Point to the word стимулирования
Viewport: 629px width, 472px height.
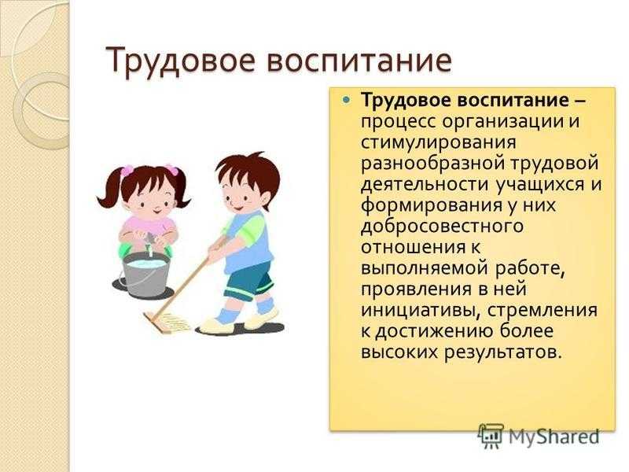click(439, 143)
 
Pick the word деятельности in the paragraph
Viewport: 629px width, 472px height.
click(425, 185)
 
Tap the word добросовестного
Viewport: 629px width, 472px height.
click(442, 226)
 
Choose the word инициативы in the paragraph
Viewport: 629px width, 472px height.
click(417, 310)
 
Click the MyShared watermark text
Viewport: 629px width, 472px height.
click(554, 436)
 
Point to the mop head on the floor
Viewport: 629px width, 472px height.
click(167, 321)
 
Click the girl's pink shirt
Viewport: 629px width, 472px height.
click(149, 230)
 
